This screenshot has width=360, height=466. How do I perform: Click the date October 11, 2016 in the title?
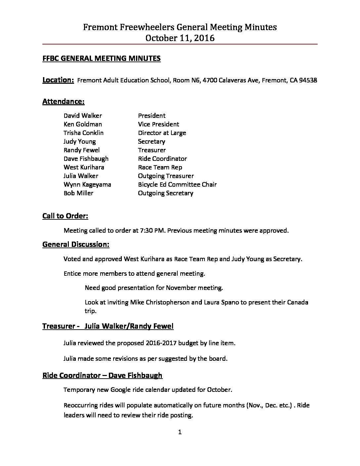point(180,38)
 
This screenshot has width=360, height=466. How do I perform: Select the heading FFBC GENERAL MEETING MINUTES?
point(102,59)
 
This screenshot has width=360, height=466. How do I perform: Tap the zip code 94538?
point(308,80)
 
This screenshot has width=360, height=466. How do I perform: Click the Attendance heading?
point(64,102)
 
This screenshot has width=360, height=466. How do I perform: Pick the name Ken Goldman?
point(83,124)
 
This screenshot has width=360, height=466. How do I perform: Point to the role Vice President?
point(158,124)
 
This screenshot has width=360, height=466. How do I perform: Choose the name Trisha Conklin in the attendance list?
point(84,133)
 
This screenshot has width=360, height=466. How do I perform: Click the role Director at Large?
point(162,133)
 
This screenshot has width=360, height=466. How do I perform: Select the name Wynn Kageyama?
point(87,185)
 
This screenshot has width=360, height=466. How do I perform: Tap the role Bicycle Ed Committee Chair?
point(177,185)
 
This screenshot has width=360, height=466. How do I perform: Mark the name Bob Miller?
point(78,193)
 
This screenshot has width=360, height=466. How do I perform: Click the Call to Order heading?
point(65,216)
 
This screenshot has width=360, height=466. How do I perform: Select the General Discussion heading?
point(76,245)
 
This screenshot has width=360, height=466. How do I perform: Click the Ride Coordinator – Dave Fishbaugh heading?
point(102,375)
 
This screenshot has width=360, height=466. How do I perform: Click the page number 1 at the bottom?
point(180,432)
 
